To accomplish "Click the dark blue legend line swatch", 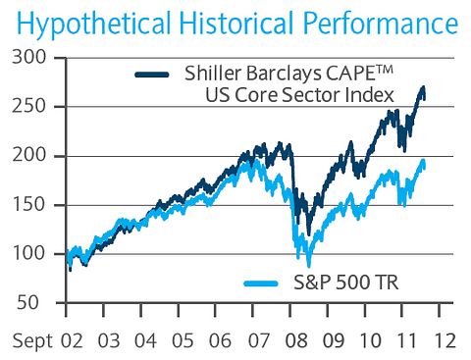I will [x=156, y=73].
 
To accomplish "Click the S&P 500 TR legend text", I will [x=340, y=283].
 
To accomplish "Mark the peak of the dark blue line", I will [x=423, y=88].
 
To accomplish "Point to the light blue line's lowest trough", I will [x=309, y=266].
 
